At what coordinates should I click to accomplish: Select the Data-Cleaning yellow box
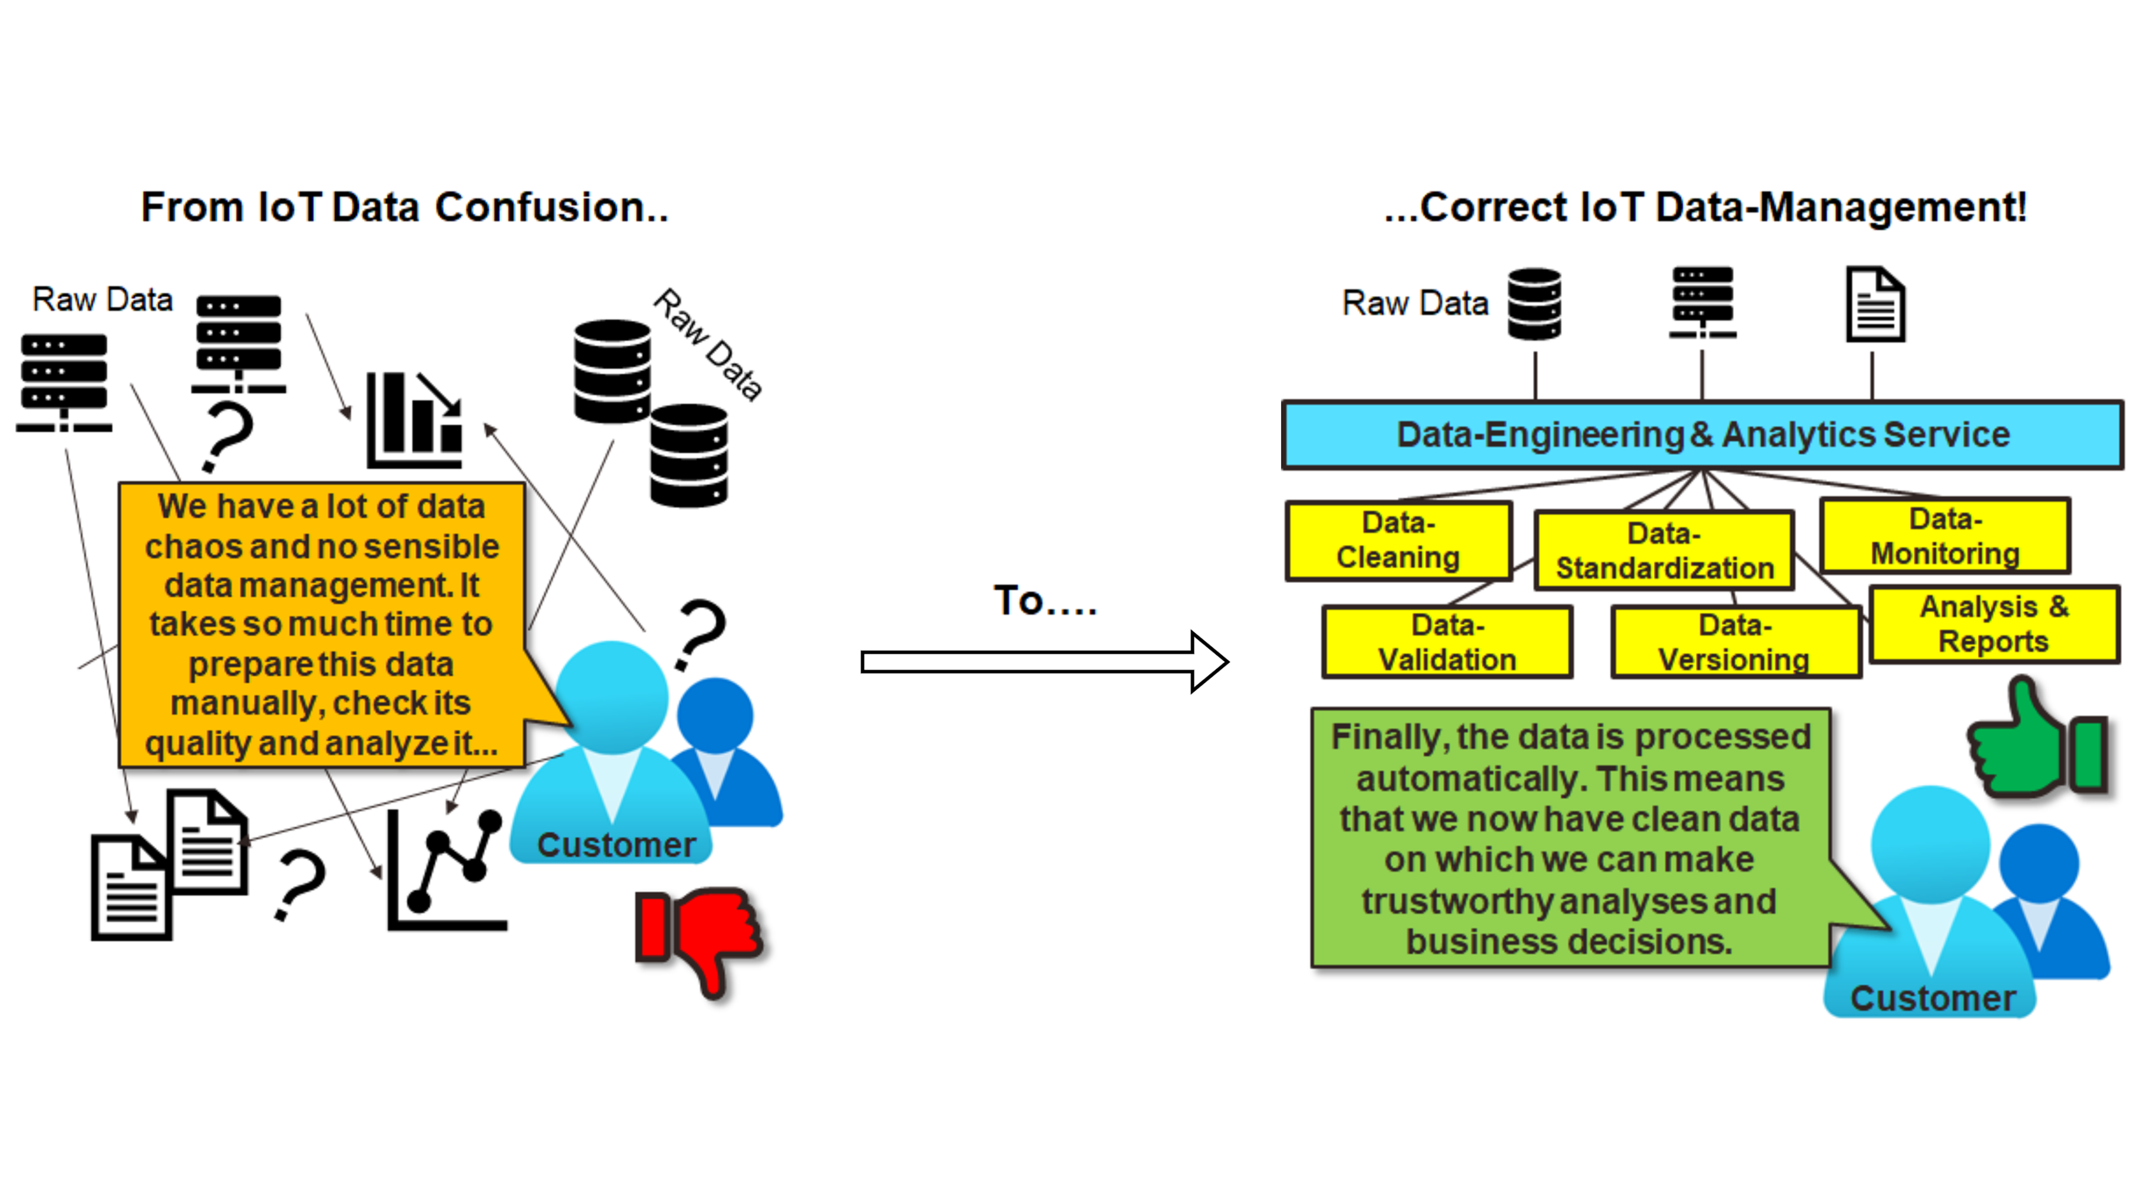[1398, 541]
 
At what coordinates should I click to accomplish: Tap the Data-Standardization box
[1664, 551]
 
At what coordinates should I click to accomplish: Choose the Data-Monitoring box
[1944, 536]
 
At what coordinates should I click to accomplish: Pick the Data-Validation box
[1447, 642]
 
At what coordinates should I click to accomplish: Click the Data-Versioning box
[1735, 643]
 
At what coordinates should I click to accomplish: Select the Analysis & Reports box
[1994, 624]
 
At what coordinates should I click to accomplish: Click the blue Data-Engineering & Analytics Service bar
[1702, 435]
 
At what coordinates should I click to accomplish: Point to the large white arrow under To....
[1044, 662]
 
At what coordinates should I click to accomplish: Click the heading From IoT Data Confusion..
[405, 208]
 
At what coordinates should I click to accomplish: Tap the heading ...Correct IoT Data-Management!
[1705, 208]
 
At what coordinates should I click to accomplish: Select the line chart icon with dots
[446, 871]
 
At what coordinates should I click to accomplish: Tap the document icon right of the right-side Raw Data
[1875, 304]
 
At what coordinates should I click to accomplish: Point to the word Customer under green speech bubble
[1932, 998]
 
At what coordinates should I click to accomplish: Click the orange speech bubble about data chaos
[321, 624]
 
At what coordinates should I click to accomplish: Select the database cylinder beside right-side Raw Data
[1534, 304]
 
